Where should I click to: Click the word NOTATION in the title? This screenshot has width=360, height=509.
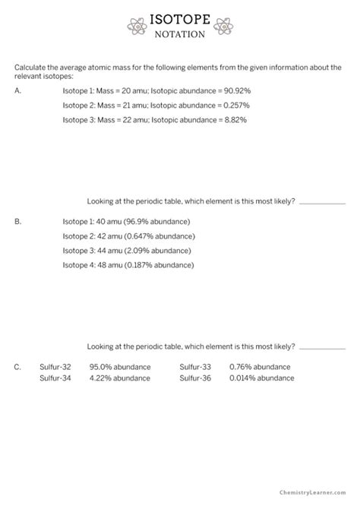179,34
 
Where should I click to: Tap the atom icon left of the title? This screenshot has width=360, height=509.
137,25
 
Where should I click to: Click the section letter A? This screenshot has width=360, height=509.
17,90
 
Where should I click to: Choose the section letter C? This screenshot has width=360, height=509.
17,367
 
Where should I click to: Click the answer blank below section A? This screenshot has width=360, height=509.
322,203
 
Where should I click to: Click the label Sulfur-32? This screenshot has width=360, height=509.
55,367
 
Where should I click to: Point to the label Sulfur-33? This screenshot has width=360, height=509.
195,367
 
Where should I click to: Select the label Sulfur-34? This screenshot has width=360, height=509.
55,378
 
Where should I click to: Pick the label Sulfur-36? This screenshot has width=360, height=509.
195,378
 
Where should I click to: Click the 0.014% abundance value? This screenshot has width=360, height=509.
261,378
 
